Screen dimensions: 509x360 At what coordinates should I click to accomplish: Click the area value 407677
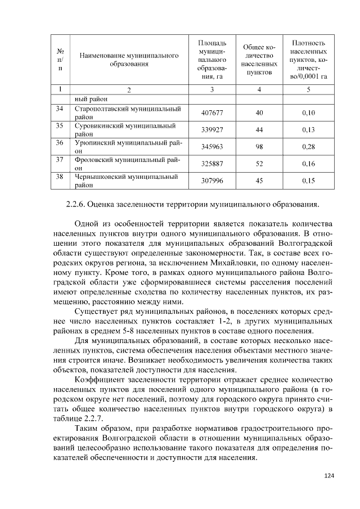pos(213,113)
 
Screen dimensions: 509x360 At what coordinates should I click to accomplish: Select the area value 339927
pos(213,130)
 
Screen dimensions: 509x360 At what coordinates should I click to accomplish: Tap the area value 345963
pos(213,147)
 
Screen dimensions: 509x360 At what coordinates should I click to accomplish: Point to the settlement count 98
pos(259,147)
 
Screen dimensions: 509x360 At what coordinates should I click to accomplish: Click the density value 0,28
pos(308,147)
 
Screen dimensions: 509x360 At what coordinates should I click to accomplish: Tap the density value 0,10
pos(308,113)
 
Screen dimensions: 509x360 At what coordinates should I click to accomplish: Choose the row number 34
pos(60,109)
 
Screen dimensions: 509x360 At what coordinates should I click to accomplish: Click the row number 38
pos(60,176)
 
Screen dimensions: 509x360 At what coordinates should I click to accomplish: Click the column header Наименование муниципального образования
pos(129,60)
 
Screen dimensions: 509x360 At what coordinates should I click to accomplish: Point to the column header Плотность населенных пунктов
pos(308,60)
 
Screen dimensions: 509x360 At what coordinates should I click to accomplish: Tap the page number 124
pos(329,476)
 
